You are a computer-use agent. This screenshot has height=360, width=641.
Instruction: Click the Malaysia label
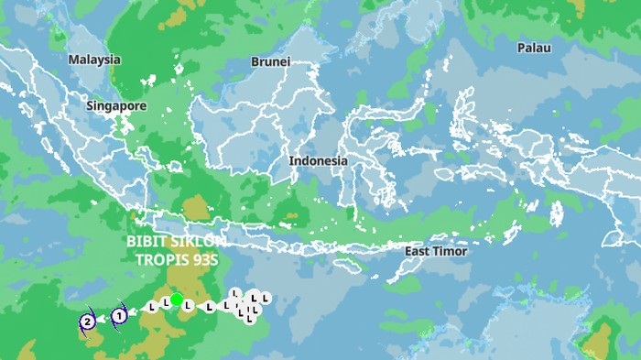(x=94, y=60)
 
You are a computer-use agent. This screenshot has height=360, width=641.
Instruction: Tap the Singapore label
(x=116, y=106)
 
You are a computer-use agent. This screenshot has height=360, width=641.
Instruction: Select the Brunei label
(x=270, y=62)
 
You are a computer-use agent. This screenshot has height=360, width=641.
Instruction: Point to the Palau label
(x=534, y=48)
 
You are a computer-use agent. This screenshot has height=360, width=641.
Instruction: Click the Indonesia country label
(x=319, y=161)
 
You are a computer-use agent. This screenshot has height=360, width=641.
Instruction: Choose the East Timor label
(x=436, y=251)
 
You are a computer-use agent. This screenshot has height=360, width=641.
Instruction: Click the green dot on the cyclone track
(x=176, y=300)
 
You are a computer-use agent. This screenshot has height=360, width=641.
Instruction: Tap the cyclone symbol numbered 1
(x=118, y=317)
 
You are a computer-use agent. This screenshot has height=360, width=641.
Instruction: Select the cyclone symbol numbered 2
(x=87, y=322)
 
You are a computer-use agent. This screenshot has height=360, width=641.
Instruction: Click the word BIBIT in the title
(x=147, y=242)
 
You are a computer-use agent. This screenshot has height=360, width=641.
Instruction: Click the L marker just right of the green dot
(x=188, y=305)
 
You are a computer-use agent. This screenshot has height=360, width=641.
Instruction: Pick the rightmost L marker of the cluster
(x=266, y=298)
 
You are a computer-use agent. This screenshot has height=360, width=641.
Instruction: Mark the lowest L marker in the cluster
(x=249, y=320)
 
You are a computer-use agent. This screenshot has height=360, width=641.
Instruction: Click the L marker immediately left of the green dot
(x=165, y=301)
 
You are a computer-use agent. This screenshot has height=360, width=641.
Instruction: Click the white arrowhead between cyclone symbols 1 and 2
(x=102, y=320)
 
